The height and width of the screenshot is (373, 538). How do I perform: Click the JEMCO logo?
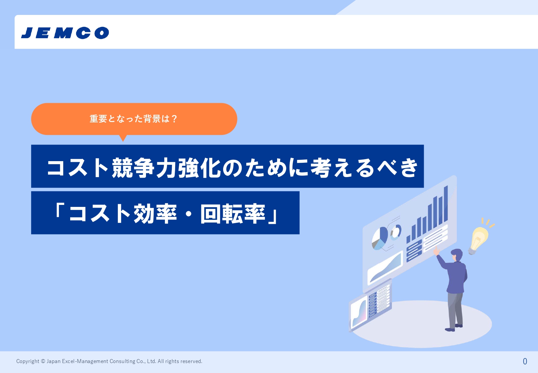65,33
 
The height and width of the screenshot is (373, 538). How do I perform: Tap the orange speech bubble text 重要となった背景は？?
133,119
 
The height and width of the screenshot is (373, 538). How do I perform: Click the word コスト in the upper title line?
77,168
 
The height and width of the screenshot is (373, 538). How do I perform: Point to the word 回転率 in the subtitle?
233,214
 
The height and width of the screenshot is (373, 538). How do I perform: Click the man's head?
457,255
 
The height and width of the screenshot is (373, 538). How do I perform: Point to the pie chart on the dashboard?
379,238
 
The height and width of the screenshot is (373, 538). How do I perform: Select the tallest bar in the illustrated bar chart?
446,204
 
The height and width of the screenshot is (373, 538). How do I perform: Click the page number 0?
525,361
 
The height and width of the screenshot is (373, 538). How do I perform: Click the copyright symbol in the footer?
43,361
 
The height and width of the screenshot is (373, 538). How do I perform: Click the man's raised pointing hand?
436,251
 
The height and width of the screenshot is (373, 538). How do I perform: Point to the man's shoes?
454,328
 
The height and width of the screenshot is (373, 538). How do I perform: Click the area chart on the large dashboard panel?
385,267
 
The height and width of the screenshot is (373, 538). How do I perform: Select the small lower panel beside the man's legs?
370,305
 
